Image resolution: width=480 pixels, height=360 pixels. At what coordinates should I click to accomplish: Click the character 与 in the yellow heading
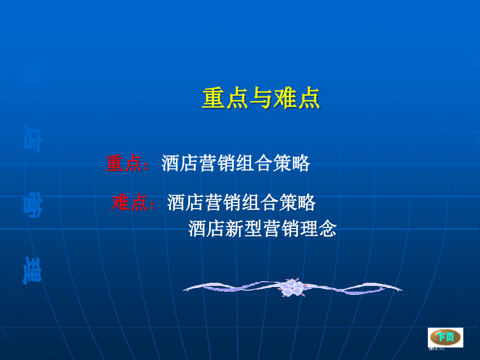coord(260,99)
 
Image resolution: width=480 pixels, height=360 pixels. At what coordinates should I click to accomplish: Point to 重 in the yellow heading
coord(213,99)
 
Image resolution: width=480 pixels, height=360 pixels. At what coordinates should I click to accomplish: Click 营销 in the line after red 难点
coord(224,202)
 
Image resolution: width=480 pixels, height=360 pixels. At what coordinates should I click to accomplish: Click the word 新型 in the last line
coord(244,229)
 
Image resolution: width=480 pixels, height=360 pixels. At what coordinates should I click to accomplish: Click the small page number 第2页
coord(436,348)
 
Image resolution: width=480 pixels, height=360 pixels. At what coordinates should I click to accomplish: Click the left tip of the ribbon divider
coord(186,288)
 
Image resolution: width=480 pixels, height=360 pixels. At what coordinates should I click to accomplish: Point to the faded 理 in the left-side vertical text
coord(33,270)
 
